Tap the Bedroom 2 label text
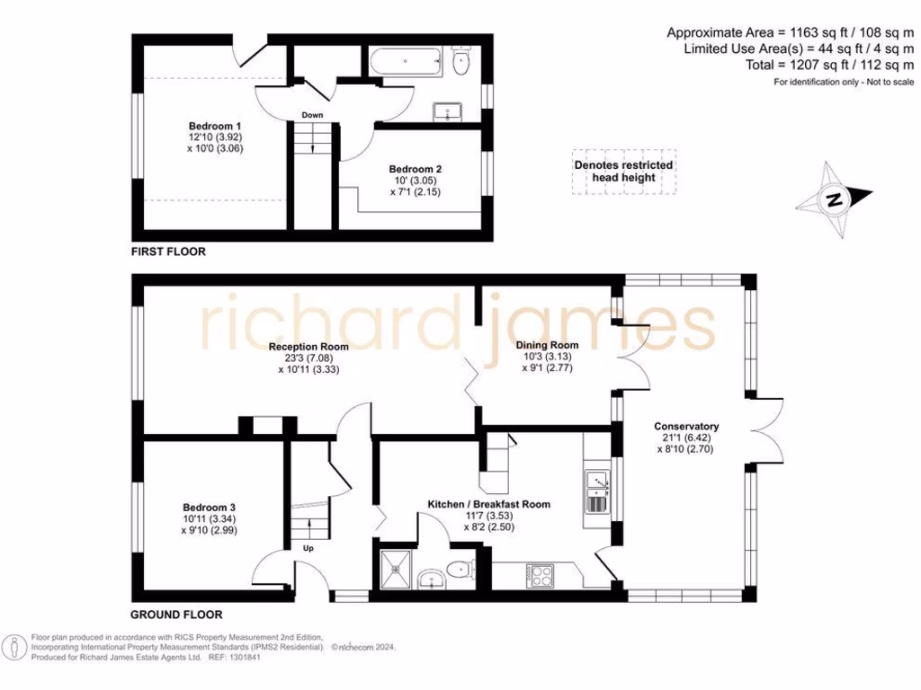point(415,169)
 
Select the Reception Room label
point(308,346)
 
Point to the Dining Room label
point(547,345)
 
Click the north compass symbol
point(836,199)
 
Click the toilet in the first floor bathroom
point(462,61)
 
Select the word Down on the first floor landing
point(312,115)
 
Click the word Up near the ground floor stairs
point(307,548)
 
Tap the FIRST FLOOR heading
point(168,252)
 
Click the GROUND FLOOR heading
point(176,615)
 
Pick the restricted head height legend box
point(624,172)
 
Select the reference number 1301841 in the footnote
point(247,658)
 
